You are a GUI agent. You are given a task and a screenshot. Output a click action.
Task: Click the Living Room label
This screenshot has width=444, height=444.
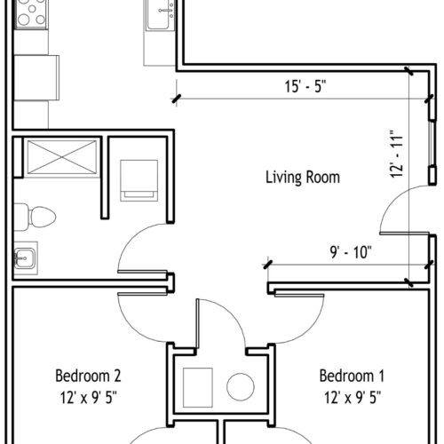[303, 178]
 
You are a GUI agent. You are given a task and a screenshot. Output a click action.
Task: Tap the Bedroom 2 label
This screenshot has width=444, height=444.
[88, 376]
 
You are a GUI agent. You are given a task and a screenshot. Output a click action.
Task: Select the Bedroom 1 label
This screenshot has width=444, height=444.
[352, 376]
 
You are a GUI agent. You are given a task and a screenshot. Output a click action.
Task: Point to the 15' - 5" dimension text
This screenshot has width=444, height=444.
[305, 86]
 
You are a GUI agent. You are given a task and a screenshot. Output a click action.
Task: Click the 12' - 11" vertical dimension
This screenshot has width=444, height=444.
[397, 154]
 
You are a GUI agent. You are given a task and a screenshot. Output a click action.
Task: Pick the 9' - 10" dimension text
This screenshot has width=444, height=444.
[351, 252]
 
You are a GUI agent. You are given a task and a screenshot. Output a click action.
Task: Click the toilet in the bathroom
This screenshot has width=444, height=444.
[36, 217]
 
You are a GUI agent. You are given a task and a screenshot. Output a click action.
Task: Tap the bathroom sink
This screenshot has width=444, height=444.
[25, 258]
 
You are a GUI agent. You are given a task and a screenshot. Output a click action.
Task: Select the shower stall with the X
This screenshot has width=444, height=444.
[62, 157]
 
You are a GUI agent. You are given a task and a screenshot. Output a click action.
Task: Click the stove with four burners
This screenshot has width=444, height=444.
[31, 14]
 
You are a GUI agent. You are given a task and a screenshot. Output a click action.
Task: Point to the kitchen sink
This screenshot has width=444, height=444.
[161, 15]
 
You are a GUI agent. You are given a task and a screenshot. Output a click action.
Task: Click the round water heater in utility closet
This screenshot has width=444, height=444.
[241, 387]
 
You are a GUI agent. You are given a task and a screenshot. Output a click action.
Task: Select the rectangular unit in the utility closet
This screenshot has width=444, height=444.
[198, 387]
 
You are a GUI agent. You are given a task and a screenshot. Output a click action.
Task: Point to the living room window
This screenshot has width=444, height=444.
[432, 143]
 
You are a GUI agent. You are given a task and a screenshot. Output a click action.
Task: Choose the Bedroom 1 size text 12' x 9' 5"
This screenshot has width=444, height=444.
[353, 397]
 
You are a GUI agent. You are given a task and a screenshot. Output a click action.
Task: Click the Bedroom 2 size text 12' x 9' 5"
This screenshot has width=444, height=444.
[89, 397]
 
